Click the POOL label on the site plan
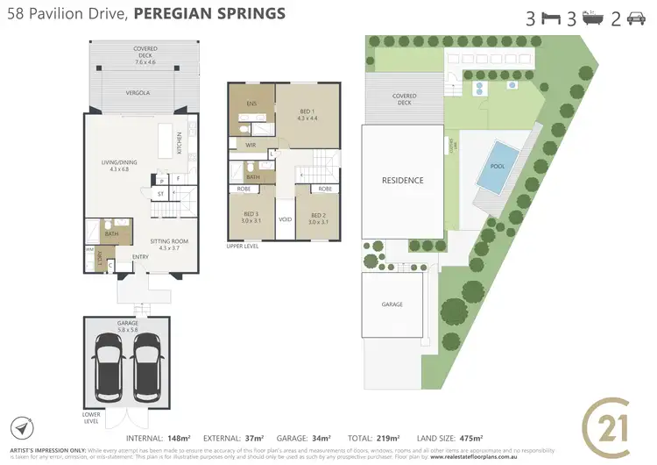[498, 166]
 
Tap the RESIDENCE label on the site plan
[402, 181]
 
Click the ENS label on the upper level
[251, 104]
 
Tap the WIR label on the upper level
[251, 145]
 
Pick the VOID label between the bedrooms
[285, 219]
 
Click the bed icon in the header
[551, 18]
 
